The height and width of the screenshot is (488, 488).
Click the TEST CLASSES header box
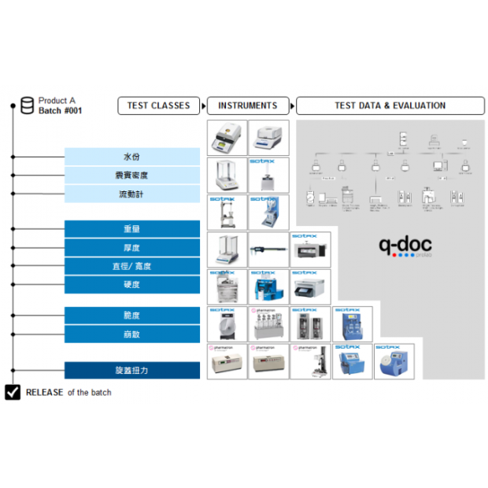(159, 105)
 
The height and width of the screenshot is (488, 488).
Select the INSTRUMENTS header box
(247, 105)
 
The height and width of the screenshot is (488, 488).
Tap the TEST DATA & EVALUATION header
(390, 105)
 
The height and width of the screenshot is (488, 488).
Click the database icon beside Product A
(28, 105)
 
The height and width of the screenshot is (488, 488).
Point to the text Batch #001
(60, 111)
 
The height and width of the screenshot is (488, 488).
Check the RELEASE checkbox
(13, 392)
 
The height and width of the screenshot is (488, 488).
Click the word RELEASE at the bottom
(45, 392)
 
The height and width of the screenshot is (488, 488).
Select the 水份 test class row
(132, 157)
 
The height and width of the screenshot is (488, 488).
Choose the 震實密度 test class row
(132, 176)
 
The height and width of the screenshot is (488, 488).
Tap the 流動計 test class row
(132, 194)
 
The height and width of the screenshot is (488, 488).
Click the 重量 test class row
(132, 229)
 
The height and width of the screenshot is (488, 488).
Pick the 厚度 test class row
(132, 248)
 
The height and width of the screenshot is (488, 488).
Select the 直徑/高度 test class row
(132, 266)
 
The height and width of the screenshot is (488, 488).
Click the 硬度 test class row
(132, 284)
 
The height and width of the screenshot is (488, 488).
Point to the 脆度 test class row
(132, 316)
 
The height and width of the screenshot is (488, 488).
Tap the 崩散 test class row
(132, 334)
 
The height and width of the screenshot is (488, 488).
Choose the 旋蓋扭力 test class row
(132, 370)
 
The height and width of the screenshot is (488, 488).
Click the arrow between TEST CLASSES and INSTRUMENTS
(203, 105)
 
